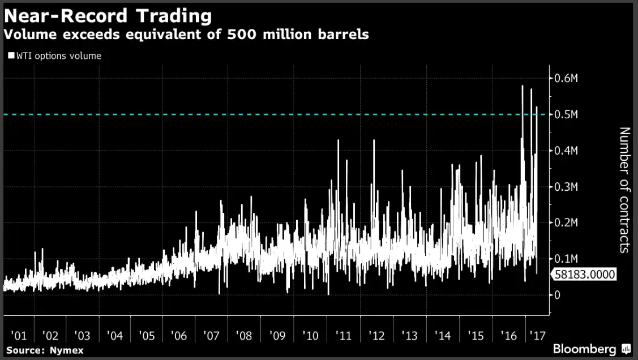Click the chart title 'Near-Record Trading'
[x=108, y=15]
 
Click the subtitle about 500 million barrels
[x=186, y=35]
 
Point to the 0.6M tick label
[x=567, y=78]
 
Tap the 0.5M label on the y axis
[x=567, y=114]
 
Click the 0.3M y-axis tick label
[x=567, y=186]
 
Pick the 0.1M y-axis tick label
[x=567, y=259]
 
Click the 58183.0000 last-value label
[x=583, y=275]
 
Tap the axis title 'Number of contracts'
[x=624, y=190]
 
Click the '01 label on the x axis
[x=18, y=336]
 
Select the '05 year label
[x=146, y=336]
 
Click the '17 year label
[x=535, y=336]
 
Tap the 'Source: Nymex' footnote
[x=45, y=350]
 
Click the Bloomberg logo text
[x=585, y=348]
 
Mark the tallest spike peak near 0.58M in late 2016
[x=522, y=86]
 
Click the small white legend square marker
[x=11, y=55]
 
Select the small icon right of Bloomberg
[x=626, y=348]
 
